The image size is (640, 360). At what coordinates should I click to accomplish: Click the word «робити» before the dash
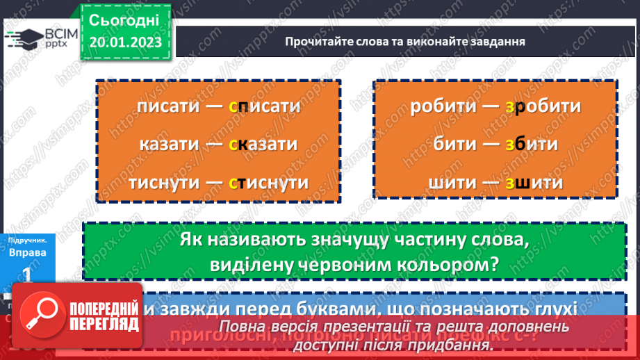tap(443, 107)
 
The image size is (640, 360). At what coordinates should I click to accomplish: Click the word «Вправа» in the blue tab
tap(28, 252)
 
